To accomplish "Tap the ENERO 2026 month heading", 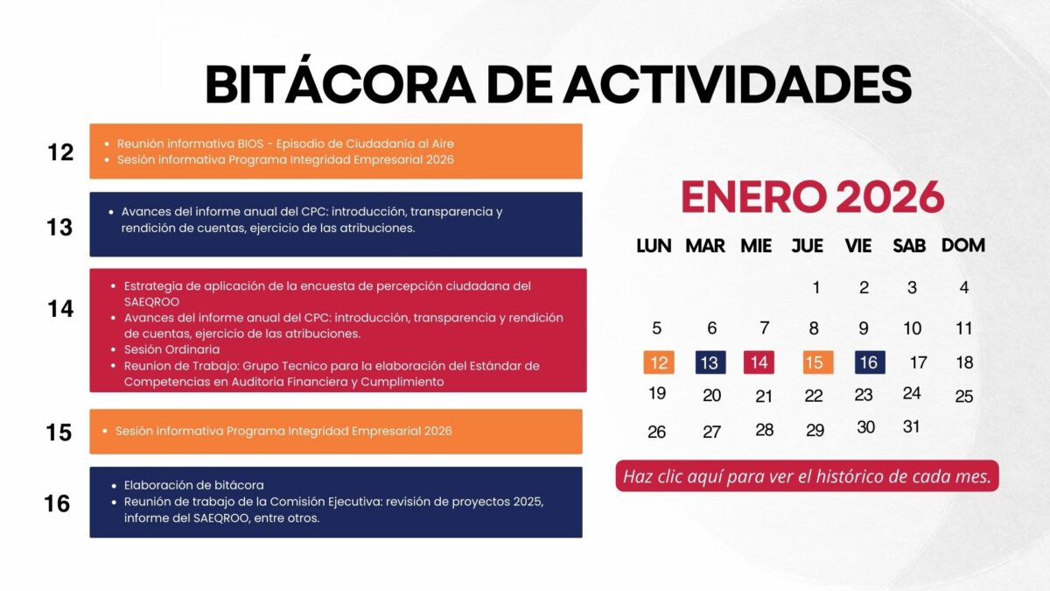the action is coord(812,196).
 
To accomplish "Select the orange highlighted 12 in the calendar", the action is coord(659,362).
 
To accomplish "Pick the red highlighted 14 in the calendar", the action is coord(759,362).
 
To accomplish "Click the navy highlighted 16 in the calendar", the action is coord(870,362).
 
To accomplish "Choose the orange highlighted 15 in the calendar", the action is coord(818,362).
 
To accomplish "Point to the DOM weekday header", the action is coord(963,245).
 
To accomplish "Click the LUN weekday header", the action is coord(654,246).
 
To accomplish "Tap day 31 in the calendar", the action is coord(911,426).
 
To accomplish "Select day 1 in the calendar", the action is coord(816,287).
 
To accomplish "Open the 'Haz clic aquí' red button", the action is coord(807,476).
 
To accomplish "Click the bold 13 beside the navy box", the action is coord(59,228).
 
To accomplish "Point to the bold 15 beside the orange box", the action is coord(59,433).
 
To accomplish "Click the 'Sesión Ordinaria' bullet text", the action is coord(171,349).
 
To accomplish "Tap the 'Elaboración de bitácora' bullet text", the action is coord(193,485).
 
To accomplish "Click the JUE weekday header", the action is coord(807,246).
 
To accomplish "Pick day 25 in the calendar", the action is coord(964,397).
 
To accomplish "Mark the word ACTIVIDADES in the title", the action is coord(738,84).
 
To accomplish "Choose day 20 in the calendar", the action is coord(711,396).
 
